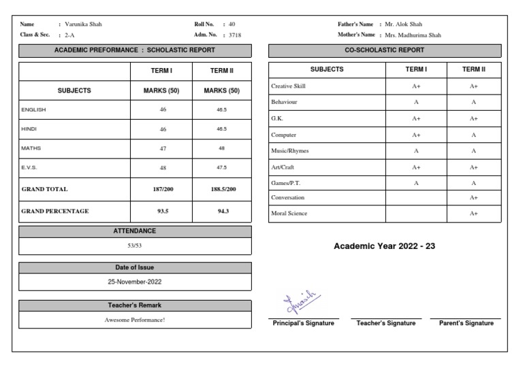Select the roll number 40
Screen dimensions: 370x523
pyautogui.click(x=232, y=24)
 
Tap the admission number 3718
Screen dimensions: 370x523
pyautogui.click(x=235, y=35)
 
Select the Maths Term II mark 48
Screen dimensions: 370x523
pyautogui.click(x=221, y=148)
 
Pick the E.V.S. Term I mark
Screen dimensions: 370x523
pyautogui.click(x=163, y=167)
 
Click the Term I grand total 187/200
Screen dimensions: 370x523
pyautogui.click(x=163, y=190)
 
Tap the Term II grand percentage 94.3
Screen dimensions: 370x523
pyautogui.click(x=221, y=211)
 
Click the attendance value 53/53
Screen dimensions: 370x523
pyautogui.click(x=135, y=244)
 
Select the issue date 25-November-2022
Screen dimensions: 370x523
pyautogui.click(x=135, y=281)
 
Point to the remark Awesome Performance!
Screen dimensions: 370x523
pyautogui.click(x=135, y=320)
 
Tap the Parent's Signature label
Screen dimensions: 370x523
pyautogui.click(x=466, y=324)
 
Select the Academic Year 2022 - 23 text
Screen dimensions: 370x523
pyautogui.click(x=384, y=246)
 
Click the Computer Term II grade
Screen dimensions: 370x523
pyautogui.click(x=473, y=135)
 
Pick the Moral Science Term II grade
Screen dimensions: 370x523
pyautogui.click(x=473, y=214)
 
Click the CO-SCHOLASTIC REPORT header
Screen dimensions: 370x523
pyautogui.click(x=385, y=50)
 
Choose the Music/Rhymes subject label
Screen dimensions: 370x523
pyautogui.click(x=290, y=151)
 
